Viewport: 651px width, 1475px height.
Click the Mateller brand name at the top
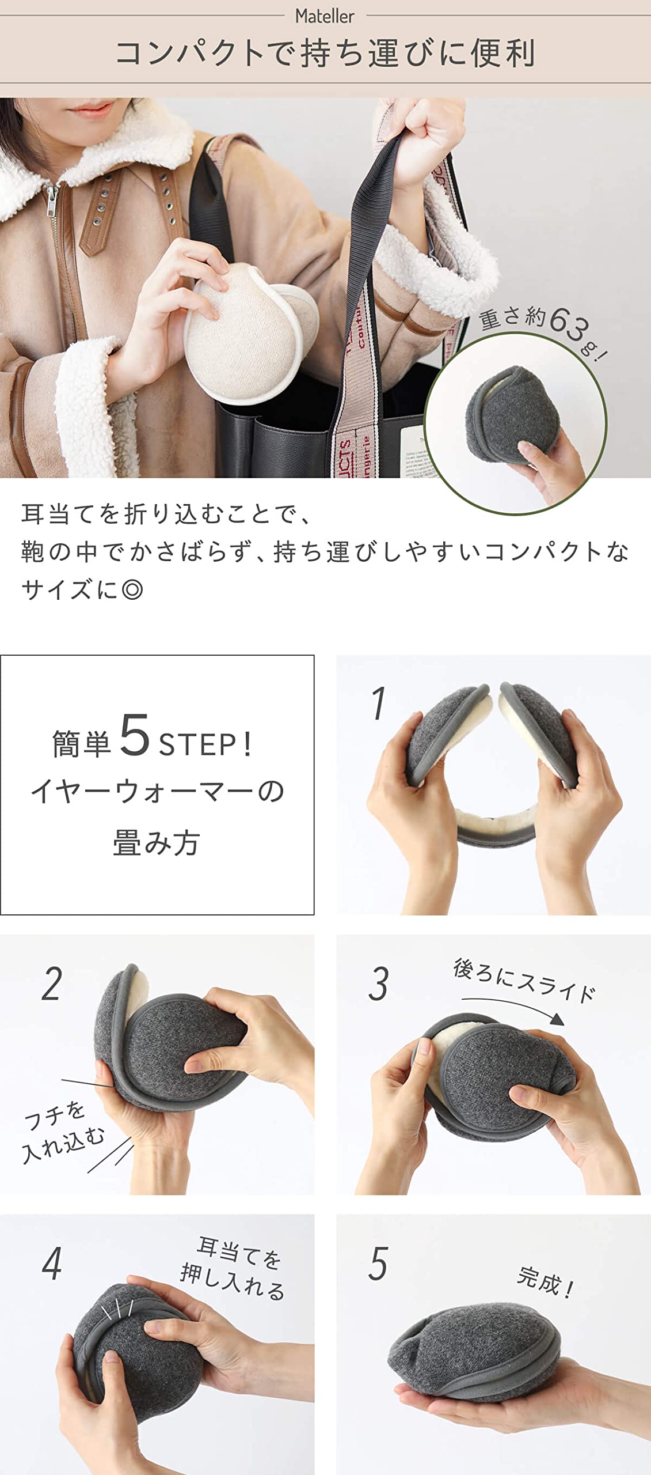click(x=325, y=16)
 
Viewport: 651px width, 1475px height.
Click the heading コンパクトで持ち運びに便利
click(x=325, y=54)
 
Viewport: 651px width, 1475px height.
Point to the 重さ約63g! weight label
click(x=543, y=331)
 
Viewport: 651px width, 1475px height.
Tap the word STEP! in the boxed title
click(x=205, y=744)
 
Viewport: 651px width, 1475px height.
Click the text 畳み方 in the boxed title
click(x=157, y=843)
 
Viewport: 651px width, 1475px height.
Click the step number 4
click(x=52, y=1264)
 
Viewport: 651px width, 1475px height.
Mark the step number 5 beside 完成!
click(x=379, y=1264)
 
